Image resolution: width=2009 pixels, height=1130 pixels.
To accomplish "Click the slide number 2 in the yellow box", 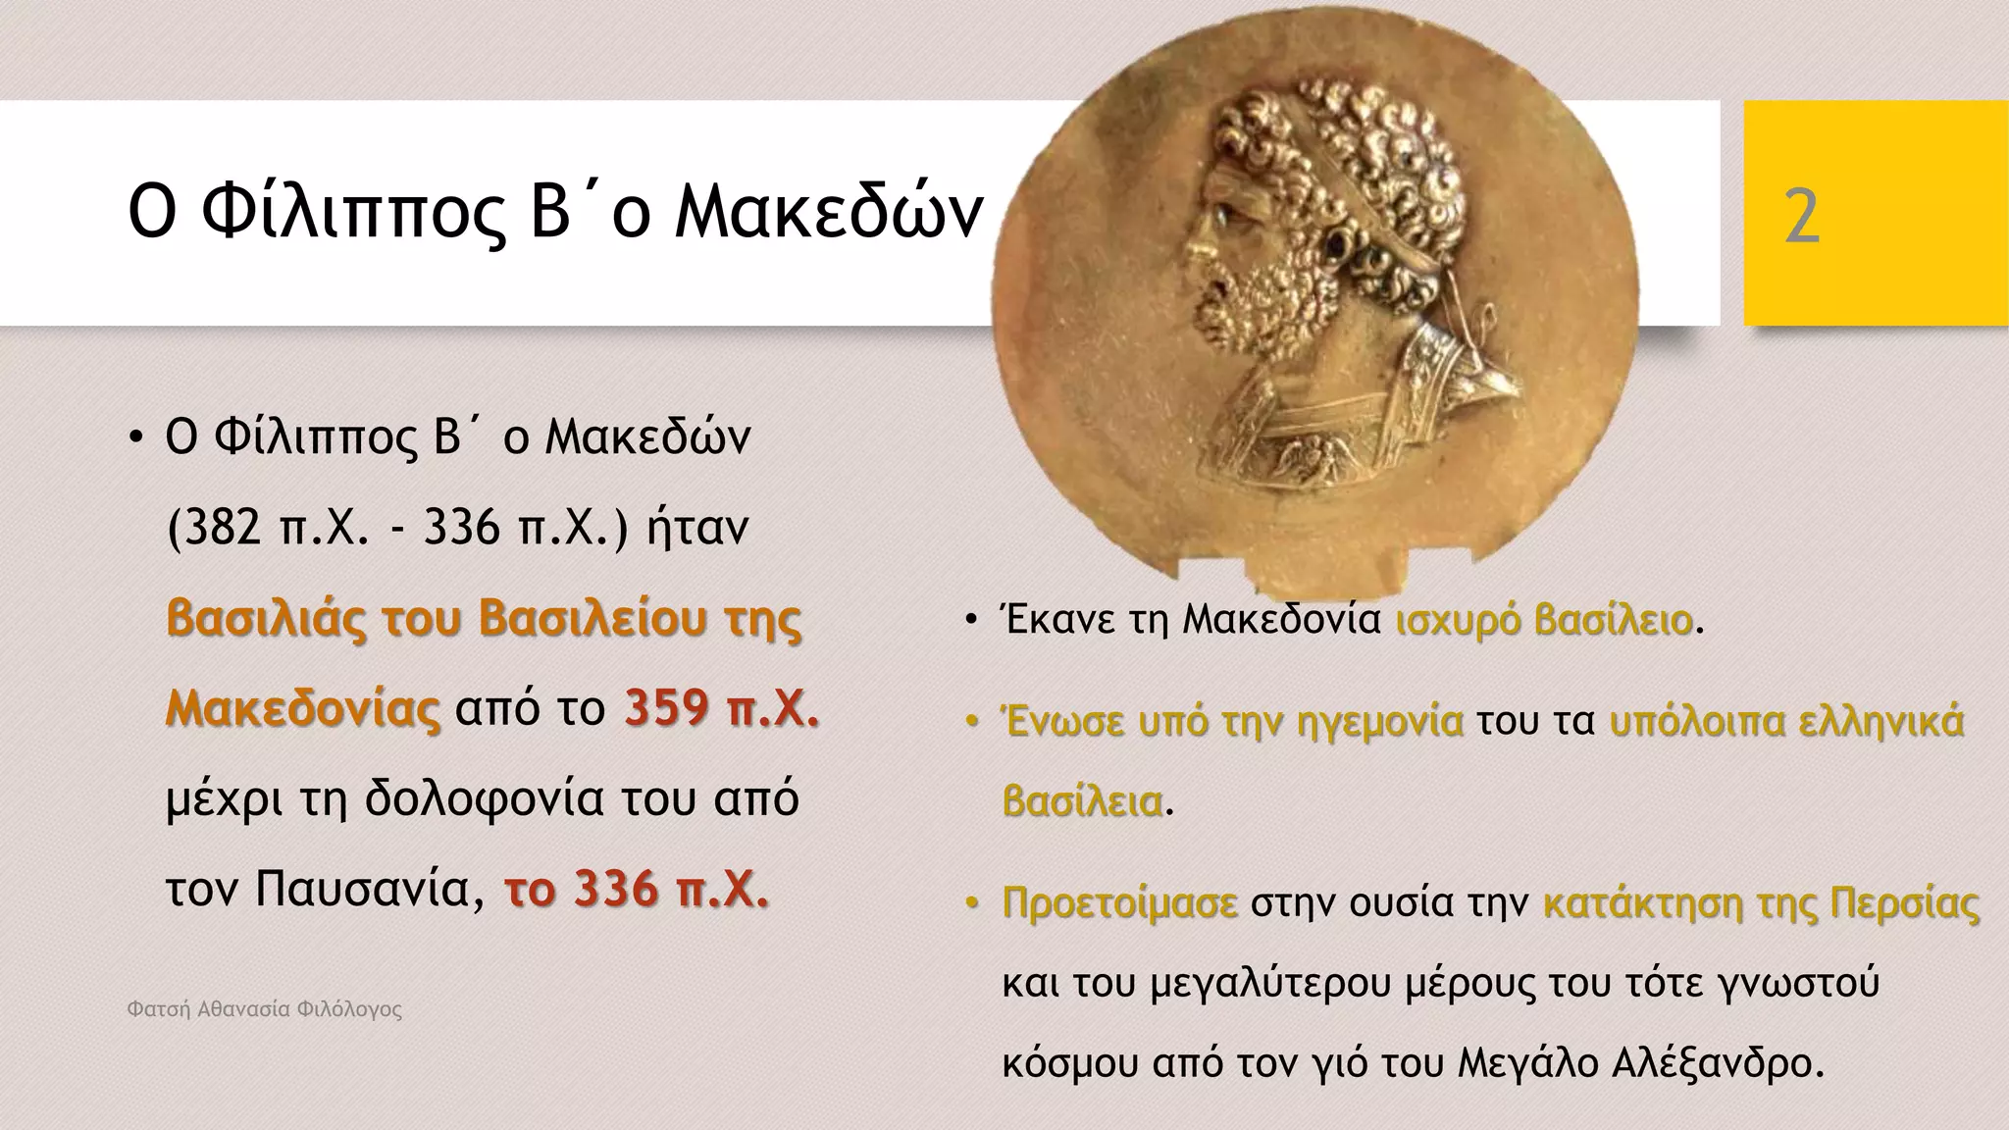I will coord(1802,217).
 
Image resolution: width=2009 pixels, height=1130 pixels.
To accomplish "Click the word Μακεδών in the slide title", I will coord(829,212).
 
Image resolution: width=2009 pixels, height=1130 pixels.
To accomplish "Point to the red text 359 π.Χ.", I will coord(721,707).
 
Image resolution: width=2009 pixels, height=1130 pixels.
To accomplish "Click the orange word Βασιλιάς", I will coord(266,618).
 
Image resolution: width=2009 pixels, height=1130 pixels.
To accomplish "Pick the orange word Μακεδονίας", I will coord(303,707).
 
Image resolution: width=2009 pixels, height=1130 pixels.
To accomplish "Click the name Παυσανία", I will coord(370,889).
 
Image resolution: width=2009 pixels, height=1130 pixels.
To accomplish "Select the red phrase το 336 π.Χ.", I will coord(637,889).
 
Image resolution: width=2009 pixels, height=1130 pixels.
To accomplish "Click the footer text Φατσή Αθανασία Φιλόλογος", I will coord(265,1009).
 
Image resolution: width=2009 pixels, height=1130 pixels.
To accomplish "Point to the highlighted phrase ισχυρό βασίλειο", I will coord(1544,620).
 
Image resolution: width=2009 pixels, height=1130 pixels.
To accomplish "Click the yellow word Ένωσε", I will coord(1063,722).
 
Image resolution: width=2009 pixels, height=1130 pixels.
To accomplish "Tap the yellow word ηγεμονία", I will coord(1379,722).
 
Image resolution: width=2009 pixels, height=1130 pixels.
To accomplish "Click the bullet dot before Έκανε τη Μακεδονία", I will coord(970,620).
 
